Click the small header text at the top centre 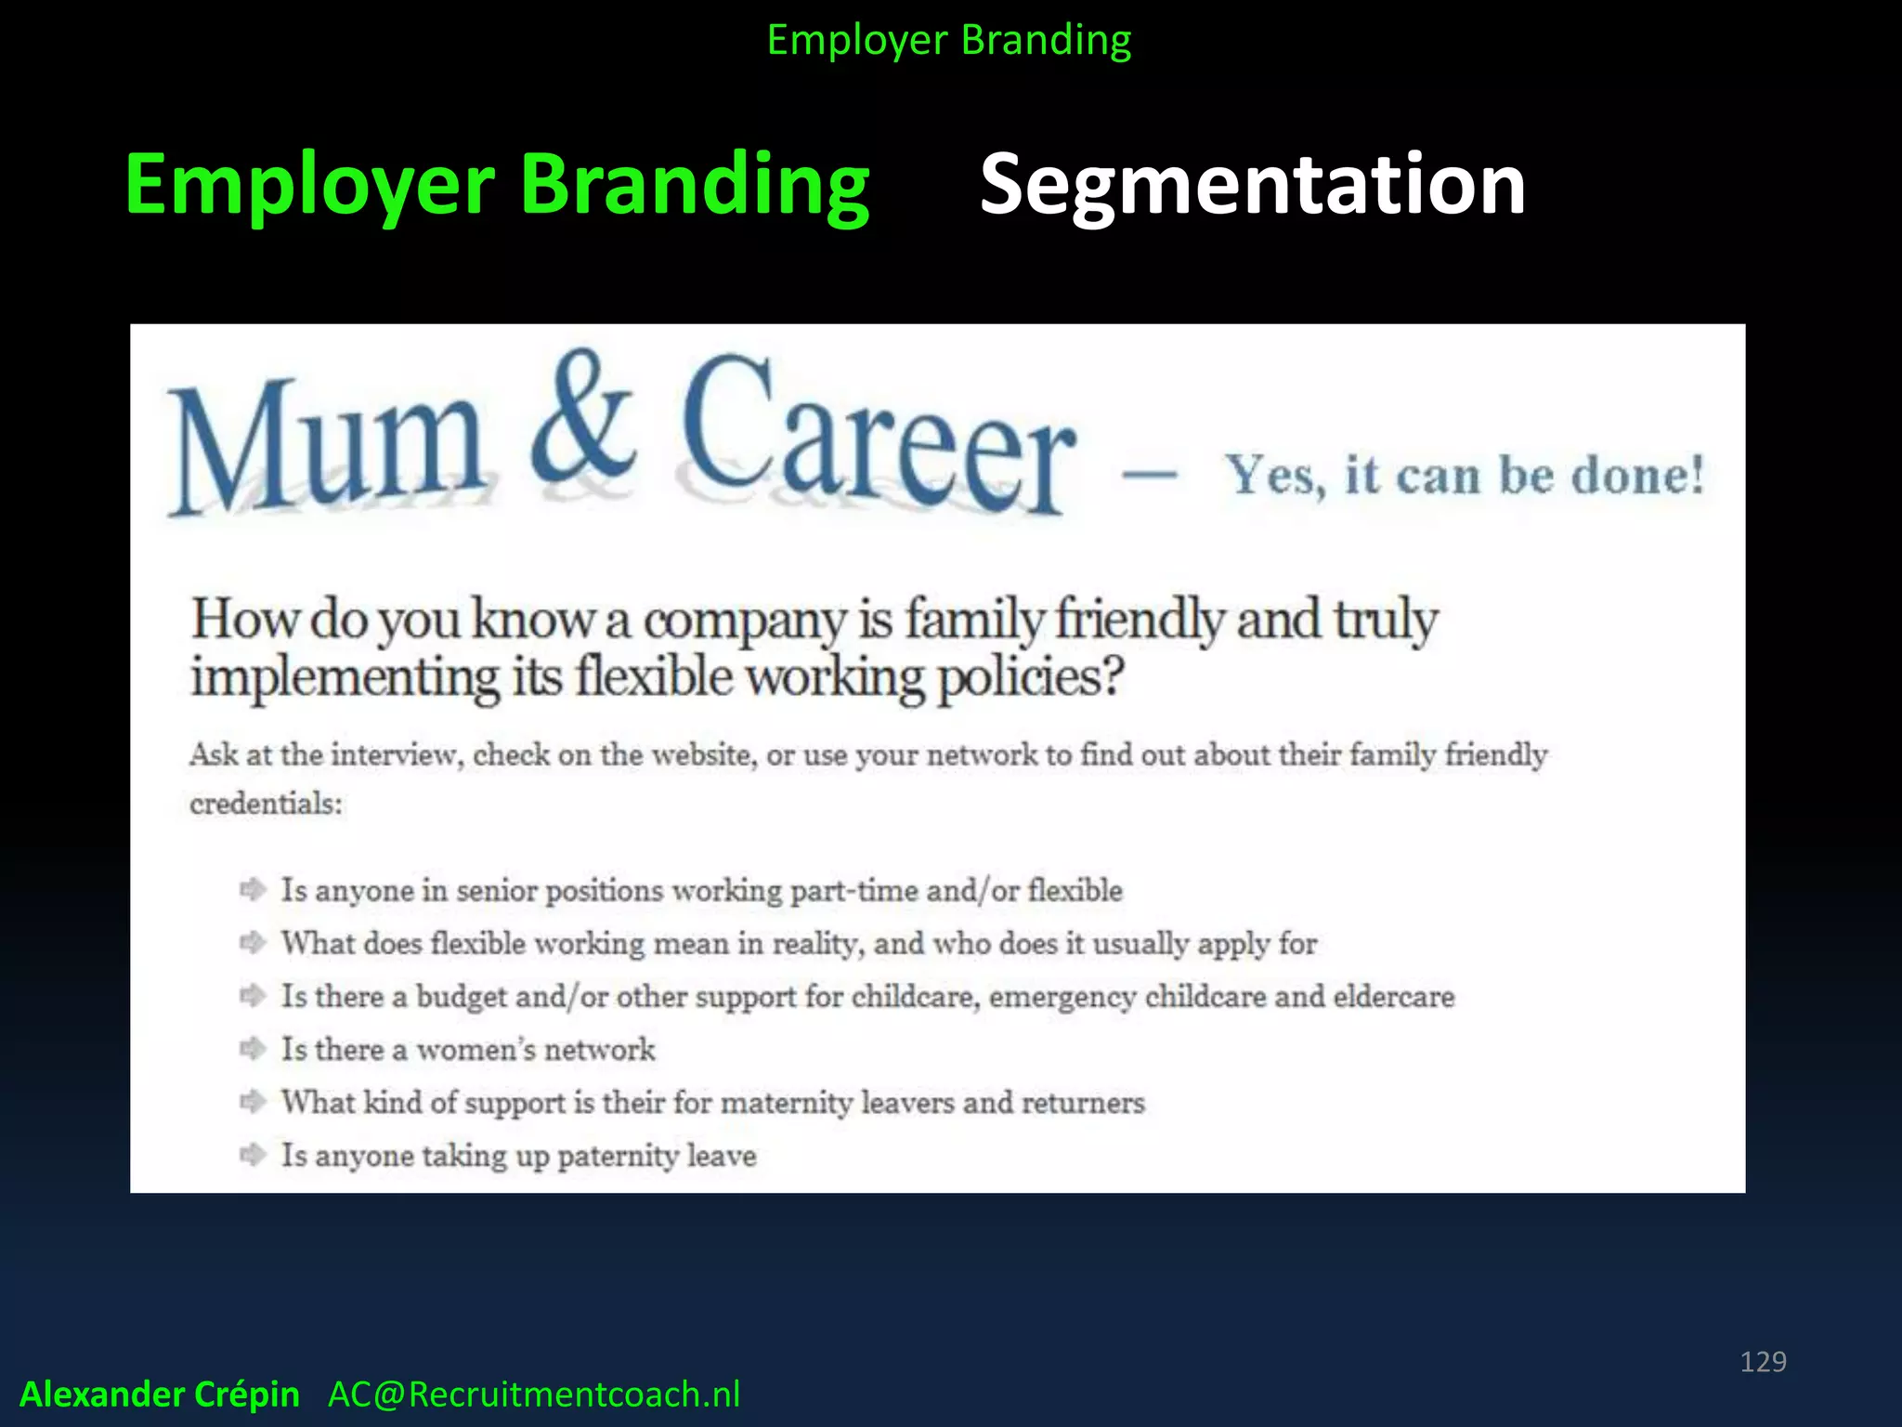tap(949, 40)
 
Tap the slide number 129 tap(1763, 1362)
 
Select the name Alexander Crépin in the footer tap(160, 1394)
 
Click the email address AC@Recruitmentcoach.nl tap(534, 1394)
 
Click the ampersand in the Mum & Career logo tap(583, 418)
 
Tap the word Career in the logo tap(878, 437)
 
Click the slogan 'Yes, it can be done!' tap(1465, 475)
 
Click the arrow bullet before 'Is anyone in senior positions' tap(253, 890)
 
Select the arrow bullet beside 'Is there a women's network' tap(253, 1049)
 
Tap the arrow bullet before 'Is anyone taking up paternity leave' tap(253, 1155)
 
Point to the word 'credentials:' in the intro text tap(266, 803)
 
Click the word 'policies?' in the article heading tap(1030, 678)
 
